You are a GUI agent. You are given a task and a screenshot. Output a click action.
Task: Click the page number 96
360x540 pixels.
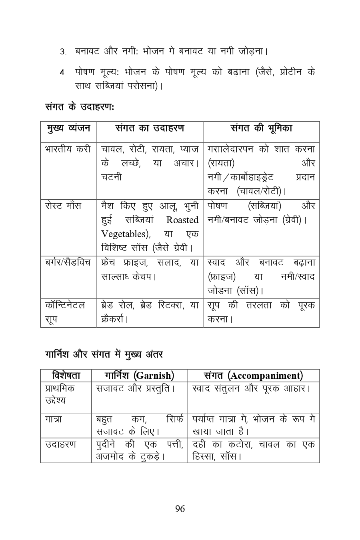pyautogui.click(x=180, y=508)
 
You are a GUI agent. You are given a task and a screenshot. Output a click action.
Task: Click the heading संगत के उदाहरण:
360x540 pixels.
pyautogui.click(x=80, y=107)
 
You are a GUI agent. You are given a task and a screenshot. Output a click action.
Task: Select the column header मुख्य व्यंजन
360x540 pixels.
pyautogui.click(x=68, y=128)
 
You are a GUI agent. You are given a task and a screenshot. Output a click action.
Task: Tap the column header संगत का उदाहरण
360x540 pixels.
pyautogui.click(x=150, y=128)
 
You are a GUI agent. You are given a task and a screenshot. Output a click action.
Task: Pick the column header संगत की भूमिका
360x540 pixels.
pyautogui.click(x=261, y=128)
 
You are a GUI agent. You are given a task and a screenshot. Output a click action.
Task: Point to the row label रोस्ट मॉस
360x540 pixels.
pyautogui.click(x=63, y=206)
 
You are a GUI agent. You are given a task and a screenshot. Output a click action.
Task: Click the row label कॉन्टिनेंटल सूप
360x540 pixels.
pyautogui.click(x=65, y=312)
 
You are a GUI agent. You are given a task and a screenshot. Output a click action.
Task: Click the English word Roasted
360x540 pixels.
pyautogui.click(x=182, y=220)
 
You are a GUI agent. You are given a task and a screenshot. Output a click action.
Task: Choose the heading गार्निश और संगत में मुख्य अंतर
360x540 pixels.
pyautogui.click(x=104, y=354)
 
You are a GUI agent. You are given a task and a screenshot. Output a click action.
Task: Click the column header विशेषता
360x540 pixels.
pyautogui.click(x=66, y=376)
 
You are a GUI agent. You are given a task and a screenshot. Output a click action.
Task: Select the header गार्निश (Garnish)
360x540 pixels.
pyautogui.click(x=139, y=376)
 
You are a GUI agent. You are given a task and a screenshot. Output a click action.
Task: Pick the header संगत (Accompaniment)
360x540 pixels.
pyautogui.click(x=253, y=376)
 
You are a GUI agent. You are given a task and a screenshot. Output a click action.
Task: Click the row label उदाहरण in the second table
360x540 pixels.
pyautogui.click(x=61, y=444)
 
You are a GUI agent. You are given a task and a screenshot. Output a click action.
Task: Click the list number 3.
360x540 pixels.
pyautogui.click(x=63, y=52)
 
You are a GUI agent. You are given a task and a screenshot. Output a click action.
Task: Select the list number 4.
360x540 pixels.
pyautogui.click(x=63, y=73)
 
